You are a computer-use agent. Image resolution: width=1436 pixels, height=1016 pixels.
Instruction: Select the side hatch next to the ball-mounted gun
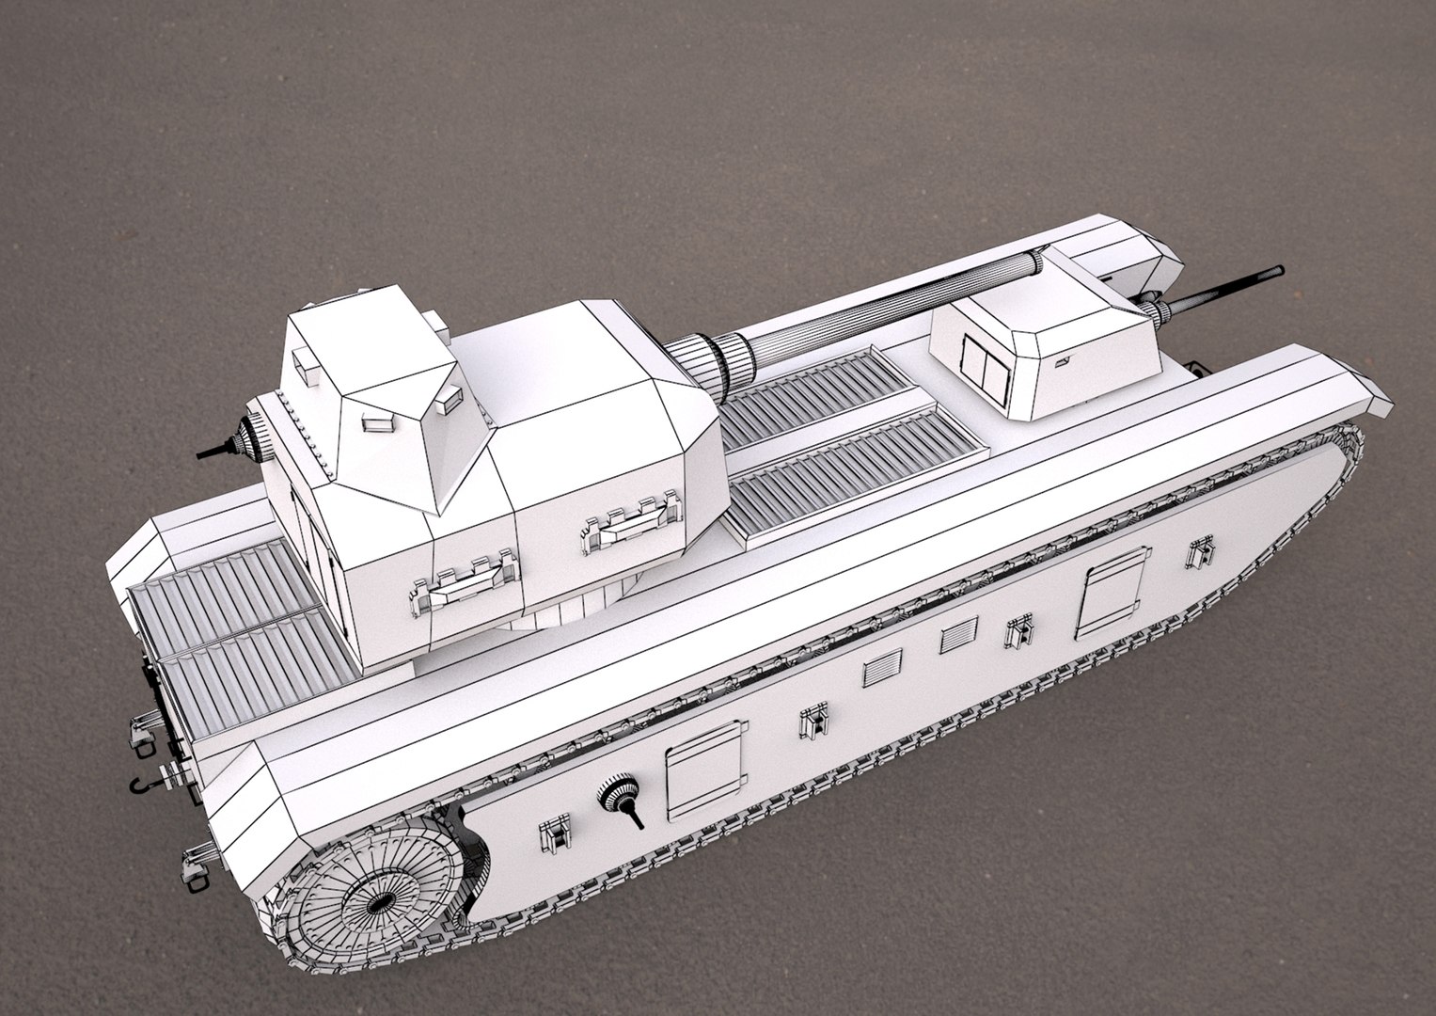[704, 770]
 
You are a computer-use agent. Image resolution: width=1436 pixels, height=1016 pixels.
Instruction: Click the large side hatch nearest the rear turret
[1113, 593]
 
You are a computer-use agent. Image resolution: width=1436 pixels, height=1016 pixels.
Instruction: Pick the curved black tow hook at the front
[140, 784]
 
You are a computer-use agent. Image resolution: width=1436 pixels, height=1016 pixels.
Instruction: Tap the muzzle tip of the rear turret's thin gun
[1275, 272]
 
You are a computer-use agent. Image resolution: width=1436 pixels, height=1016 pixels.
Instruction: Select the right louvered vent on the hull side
[959, 635]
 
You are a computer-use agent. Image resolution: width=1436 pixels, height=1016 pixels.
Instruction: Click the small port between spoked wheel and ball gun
[555, 832]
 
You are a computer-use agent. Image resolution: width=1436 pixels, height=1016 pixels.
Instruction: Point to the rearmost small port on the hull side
[1200, 552]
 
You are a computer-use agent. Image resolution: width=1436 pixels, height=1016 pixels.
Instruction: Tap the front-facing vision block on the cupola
[378, 421]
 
